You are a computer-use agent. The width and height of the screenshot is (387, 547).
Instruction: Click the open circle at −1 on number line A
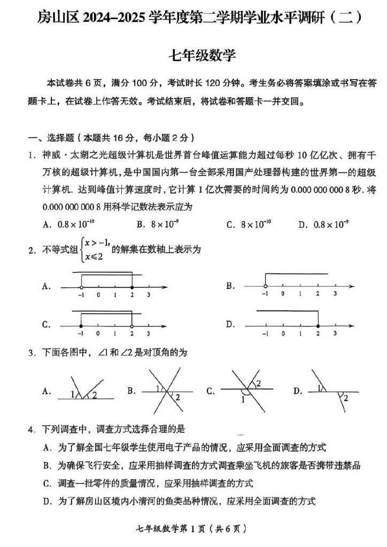tap(81, 287)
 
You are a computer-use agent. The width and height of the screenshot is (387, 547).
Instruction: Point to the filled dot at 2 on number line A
tap(131, 287)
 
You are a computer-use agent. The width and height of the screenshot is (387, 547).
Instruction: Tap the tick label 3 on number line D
tap(335, 334)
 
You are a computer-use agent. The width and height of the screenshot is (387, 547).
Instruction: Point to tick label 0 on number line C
tap(98, 334)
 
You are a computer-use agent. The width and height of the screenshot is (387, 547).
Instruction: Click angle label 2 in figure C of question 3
tap(258, 384)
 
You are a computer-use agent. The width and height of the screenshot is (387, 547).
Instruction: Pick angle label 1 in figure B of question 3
tap(158, 388)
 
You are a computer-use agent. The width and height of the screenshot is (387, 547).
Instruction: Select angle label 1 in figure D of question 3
tap(319, 388)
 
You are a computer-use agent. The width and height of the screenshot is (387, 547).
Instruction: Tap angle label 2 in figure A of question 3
tap(95, 395)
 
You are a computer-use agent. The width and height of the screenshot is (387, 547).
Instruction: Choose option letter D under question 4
tap(48, 501)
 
